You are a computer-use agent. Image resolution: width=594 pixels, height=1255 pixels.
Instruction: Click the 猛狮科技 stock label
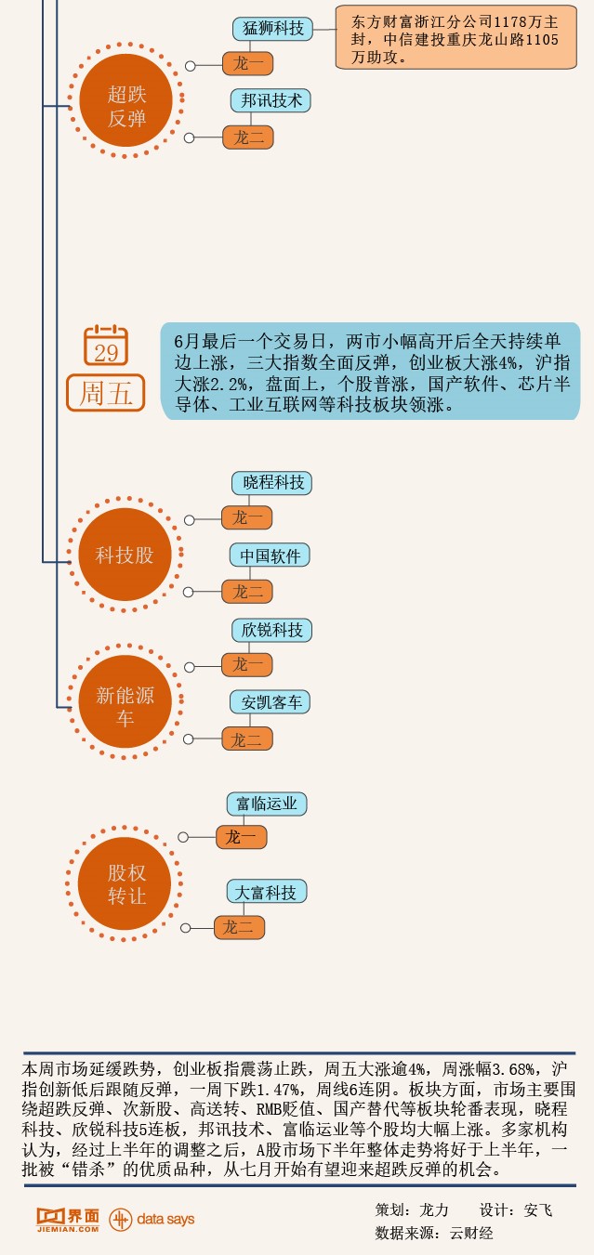click(272, 29)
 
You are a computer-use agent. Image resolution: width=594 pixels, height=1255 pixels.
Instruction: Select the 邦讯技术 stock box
click(271, 100)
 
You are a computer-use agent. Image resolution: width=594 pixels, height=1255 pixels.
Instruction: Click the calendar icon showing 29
click(106, 346)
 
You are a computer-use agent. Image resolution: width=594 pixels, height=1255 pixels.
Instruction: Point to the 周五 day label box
click(106, 394)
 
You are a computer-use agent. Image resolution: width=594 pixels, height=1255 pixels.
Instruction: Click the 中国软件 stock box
click(271, 556)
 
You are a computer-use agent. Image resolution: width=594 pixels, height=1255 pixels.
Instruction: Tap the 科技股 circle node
click(125, 556)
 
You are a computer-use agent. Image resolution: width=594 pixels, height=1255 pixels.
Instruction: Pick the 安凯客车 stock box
click(271, 702)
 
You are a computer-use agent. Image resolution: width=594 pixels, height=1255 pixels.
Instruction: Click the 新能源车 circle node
click(125, 706)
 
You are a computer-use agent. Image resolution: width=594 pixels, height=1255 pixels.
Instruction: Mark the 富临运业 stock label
click(267, 804)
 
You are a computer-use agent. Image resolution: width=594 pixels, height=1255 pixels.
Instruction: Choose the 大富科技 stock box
click(266, 893)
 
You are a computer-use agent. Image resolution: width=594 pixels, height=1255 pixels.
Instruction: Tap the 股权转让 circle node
click(125, 883)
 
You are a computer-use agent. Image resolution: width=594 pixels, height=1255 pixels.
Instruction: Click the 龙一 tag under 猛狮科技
click(248, 64)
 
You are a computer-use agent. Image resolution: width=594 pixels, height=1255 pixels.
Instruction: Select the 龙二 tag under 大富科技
click(240, 927)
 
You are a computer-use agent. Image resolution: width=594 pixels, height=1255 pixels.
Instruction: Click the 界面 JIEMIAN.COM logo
click(67, 1220)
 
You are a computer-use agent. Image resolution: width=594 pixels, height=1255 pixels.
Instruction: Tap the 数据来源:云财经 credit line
click(434, 1234)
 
